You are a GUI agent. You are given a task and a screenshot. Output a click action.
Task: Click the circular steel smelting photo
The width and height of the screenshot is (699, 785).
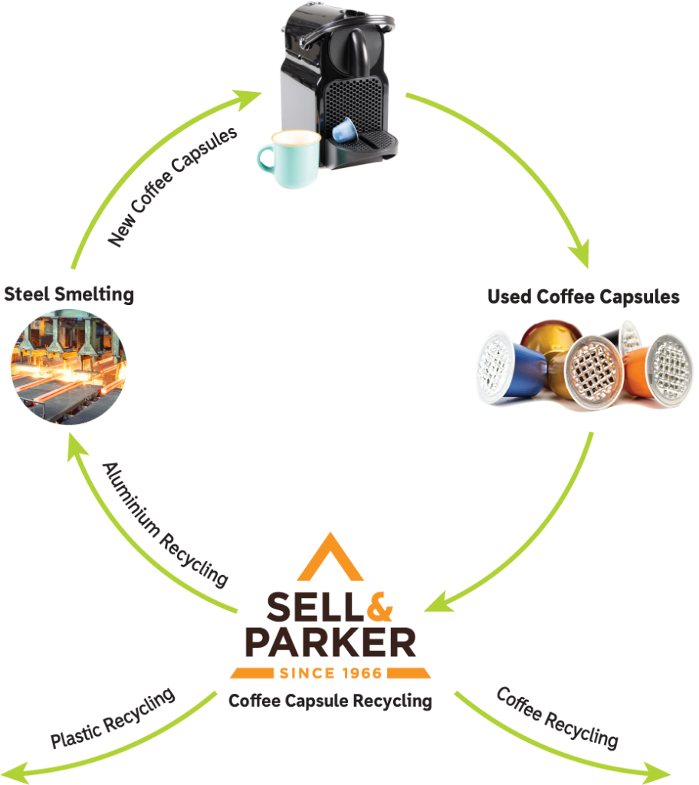[x=69, y=367]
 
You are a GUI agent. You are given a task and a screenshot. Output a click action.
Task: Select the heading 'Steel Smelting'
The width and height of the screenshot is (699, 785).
[x=69, y=294]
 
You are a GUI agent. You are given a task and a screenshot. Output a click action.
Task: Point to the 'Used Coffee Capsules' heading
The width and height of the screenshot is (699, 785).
[x=583, y=297]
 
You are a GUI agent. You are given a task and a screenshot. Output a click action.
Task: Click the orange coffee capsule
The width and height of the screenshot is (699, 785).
[x=657, y=370]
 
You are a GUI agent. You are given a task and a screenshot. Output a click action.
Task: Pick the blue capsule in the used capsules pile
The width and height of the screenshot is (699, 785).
[x=510, y=367]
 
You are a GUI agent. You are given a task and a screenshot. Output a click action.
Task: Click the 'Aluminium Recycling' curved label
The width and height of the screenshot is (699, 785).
[x=166, y=524]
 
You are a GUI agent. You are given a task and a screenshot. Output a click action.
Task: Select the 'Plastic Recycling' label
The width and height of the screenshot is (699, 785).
[x=113, y=718]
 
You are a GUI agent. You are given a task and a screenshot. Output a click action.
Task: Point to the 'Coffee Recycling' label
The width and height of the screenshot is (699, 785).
[x=557, y=718]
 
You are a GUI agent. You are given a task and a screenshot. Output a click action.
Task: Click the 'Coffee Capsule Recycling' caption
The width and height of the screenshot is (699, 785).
[x=330, y=701]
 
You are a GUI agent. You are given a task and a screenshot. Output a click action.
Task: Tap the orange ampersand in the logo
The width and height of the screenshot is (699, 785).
[x=379, y=606]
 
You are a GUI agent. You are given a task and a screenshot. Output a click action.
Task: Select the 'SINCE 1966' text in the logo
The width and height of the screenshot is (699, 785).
[x=330, y=673]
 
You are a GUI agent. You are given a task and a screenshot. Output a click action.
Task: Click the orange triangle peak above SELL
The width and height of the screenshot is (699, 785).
[x=330, y=557]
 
